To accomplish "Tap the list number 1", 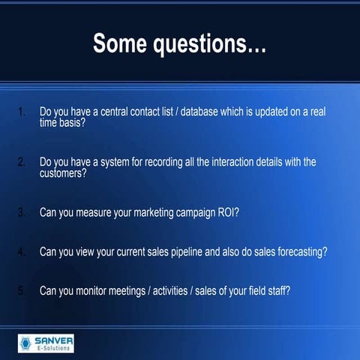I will click(x=22, y=113).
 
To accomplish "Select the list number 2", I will click(x=22, y=162).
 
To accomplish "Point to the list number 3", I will click(x=22, y=212).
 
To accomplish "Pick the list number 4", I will click(x=22, y=252).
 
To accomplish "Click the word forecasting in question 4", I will click(x=300, y=252).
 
